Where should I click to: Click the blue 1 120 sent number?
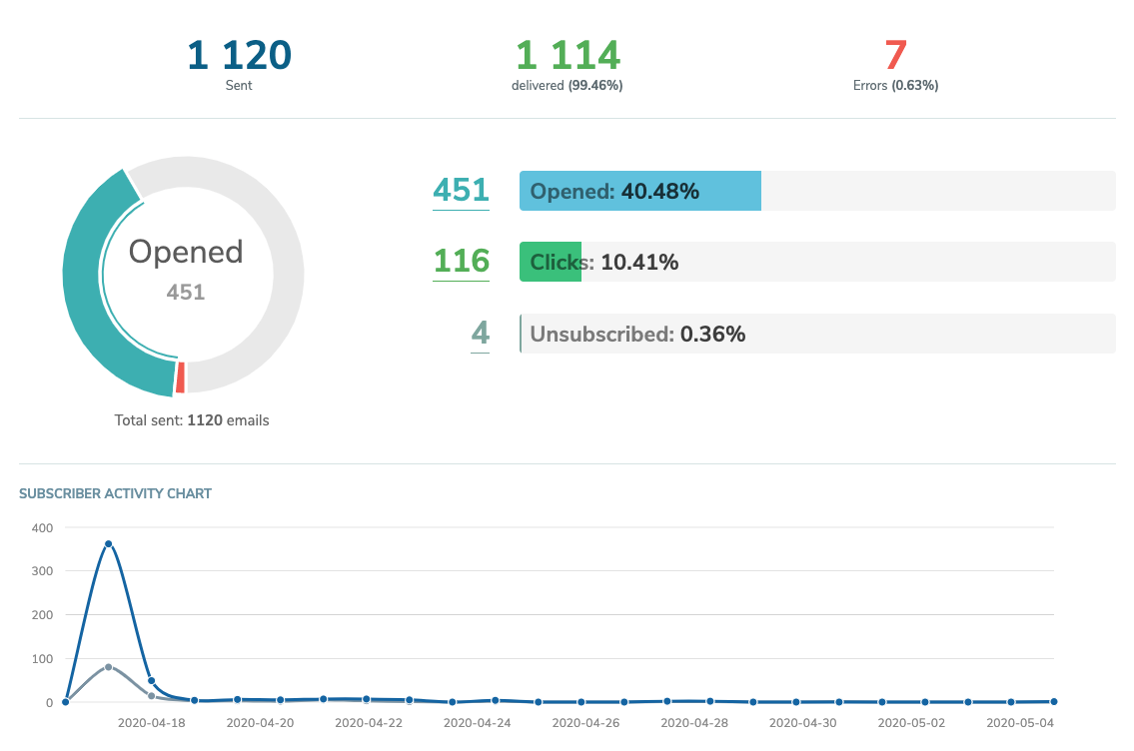(239, 54)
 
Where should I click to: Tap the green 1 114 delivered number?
(567, 54)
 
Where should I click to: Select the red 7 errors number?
(895, 54)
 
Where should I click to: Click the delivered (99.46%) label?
(567, 86)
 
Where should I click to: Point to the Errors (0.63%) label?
(895, 86)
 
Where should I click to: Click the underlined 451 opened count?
(461, 190)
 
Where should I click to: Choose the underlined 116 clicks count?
(461, 262)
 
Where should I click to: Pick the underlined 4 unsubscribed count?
(481, 334)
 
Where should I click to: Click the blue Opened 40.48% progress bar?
(639, 191)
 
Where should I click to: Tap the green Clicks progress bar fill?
(550, 263)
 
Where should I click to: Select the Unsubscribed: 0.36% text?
(637, 335)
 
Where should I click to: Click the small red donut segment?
(180, 378)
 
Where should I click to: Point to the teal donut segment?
(84, 290)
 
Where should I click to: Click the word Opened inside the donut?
(186, 252)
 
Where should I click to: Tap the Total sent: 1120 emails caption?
(192, 420)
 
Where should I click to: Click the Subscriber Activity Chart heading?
(115, 493)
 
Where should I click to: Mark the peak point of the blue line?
(108, 544)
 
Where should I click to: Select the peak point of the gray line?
(108, 667)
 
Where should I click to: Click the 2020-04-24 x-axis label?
(477, 722)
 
